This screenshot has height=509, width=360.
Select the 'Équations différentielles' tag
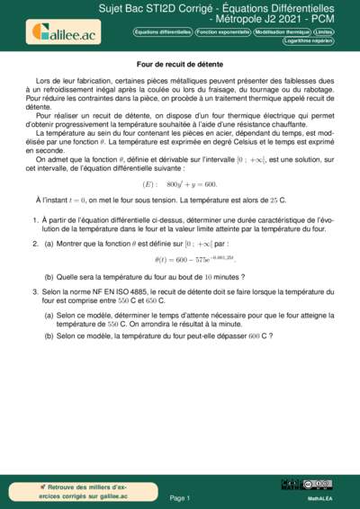click(162, 31)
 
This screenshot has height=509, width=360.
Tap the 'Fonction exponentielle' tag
click(222, 31)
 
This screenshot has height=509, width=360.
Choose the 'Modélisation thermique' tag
click(283, 31)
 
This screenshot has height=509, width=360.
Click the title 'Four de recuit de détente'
click(179, 65)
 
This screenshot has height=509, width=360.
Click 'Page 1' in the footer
click(179, 496)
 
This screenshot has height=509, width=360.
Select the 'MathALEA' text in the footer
click(321, 496)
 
